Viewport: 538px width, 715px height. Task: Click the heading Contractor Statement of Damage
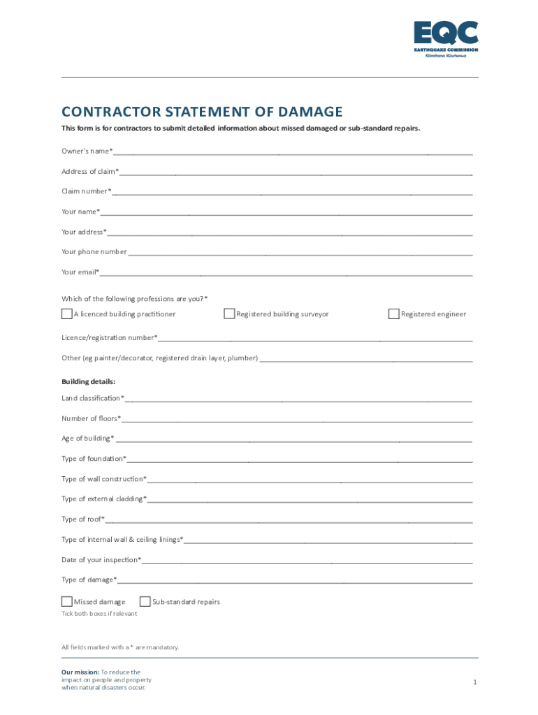click(202, 112)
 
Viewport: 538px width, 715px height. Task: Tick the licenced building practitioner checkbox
click(67, 314)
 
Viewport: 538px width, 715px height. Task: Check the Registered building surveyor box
click(229, 314)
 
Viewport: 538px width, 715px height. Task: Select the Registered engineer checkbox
click(394, 314)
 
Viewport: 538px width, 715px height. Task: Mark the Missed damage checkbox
click(67, 602)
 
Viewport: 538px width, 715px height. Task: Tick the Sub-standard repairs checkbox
click(145, 602)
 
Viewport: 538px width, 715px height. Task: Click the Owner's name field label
click(87, 152)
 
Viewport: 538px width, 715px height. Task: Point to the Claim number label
click(86, 191)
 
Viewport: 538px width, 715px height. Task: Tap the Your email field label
click(80, 272)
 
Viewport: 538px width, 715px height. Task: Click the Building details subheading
click(88, 382)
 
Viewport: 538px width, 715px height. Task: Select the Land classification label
click(92, 398)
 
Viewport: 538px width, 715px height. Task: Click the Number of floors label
click(90, 419)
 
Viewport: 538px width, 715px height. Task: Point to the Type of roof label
click(82, 519)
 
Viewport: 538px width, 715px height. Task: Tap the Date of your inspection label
click(101, 560)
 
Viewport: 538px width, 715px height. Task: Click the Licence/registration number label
click(109, 338)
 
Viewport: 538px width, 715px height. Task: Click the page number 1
click(474, 681)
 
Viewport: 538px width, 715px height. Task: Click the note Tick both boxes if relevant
click(99, 614)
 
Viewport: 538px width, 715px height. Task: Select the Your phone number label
click(94, 252)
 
